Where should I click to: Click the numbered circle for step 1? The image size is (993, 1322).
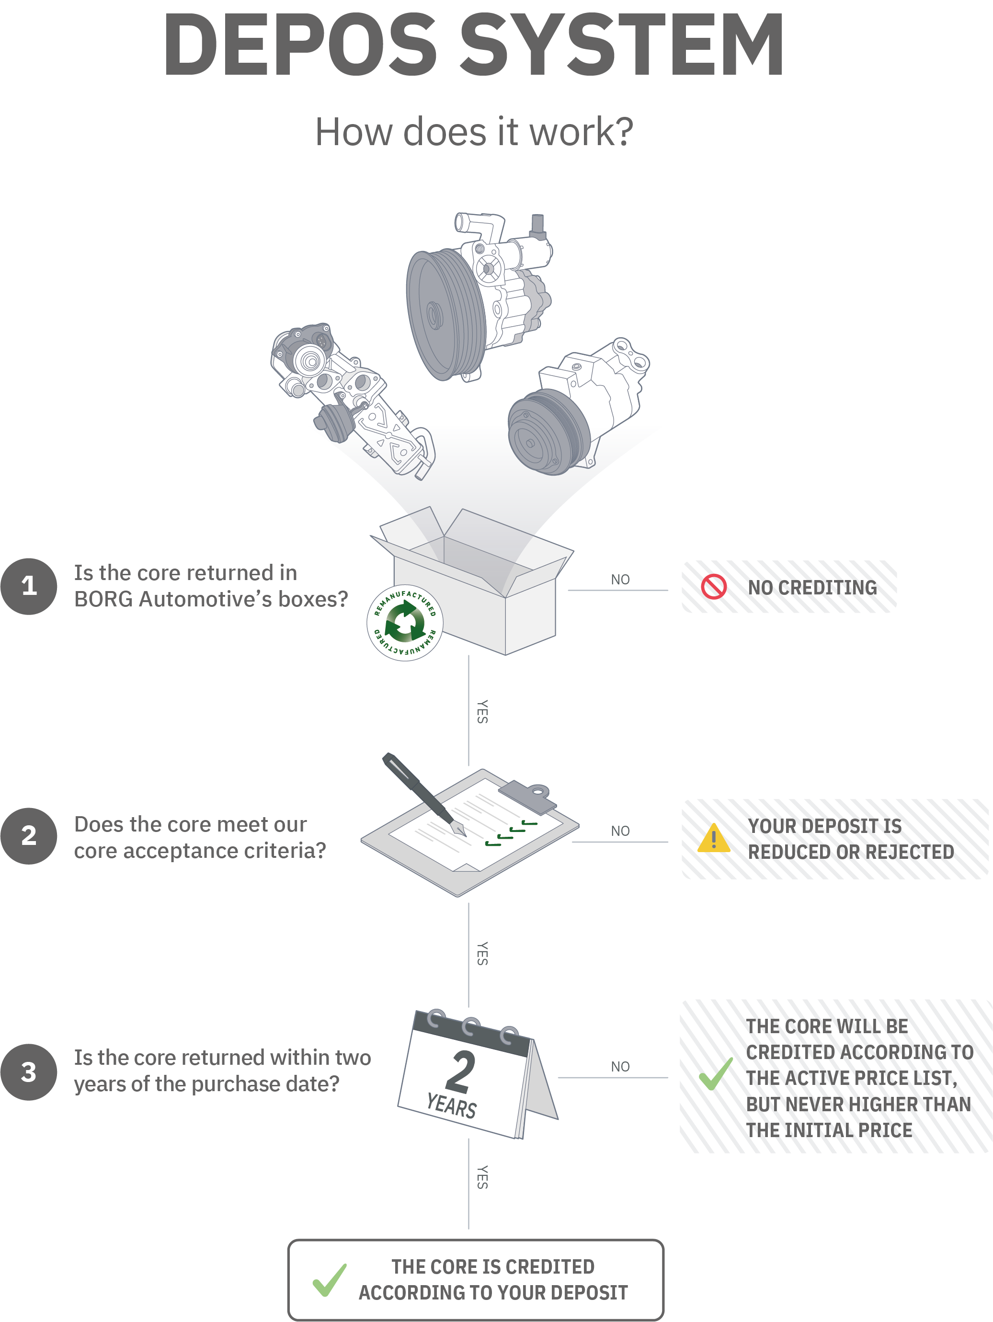[x=29, y=586]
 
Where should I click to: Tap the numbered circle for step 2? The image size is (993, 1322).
[x=29, y=836]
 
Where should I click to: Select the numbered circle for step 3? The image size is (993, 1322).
[x=29, y=1072]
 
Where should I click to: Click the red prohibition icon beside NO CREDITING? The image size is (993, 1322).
[x=714, y=586]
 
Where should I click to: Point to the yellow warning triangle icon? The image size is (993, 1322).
[x=714, y=838]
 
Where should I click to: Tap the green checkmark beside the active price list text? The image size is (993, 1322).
[x=716, y=1073]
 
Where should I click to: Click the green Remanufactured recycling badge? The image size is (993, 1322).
[x=405, y=623]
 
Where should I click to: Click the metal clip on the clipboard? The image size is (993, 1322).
[x=528, y=797]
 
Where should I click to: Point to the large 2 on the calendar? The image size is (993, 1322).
[x=461, y=1071]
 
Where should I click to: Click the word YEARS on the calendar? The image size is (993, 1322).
[x=451, y=1105]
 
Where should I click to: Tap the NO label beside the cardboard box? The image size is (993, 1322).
[x=620, y=580]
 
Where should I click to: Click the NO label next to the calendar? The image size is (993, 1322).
[x=620, y=1067]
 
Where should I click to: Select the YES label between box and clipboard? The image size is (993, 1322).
[x=482, y=712]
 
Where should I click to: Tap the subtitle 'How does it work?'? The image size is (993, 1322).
[x=474, y=132]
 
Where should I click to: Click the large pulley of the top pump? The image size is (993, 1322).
[x=445, y=315]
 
